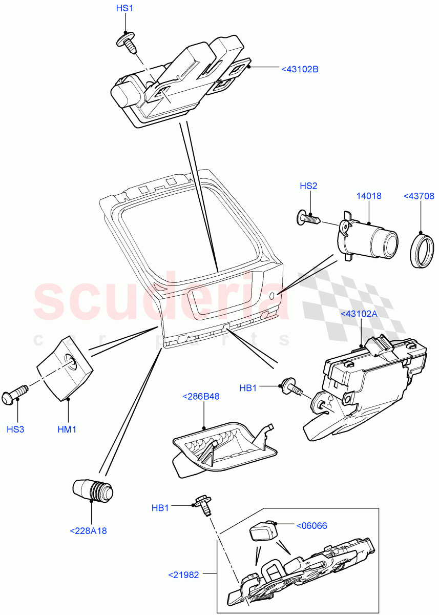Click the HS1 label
click(x=124, y=9)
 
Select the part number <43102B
click(x=300, y=69)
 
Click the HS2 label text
click(x=308, y=186)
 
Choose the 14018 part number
click(x=369, y=196)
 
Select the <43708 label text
click(x=420, y=196)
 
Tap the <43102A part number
click(x=359, y=314)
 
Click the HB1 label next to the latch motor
click(x=248, y=388)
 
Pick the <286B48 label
click(x=201, y=396)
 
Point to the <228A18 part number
click(x=88, y=531)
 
